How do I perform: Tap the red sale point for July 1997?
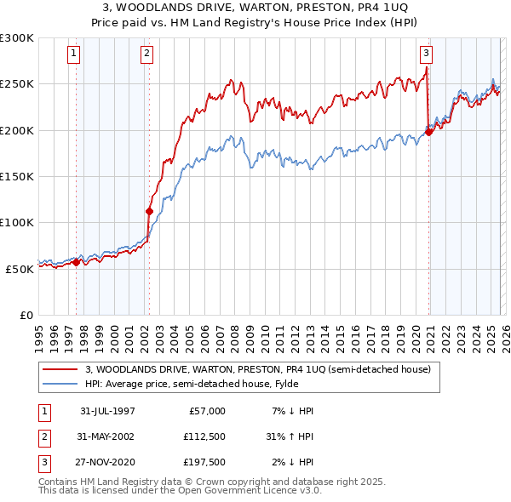click(77, 262)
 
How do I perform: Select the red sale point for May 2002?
click(149, 211)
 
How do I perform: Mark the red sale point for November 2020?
click(429, 132)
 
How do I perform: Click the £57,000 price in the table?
click(207, 411)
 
